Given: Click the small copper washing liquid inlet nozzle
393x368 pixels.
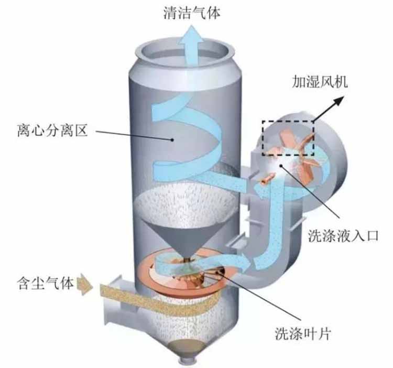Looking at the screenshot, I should point(264,181).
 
